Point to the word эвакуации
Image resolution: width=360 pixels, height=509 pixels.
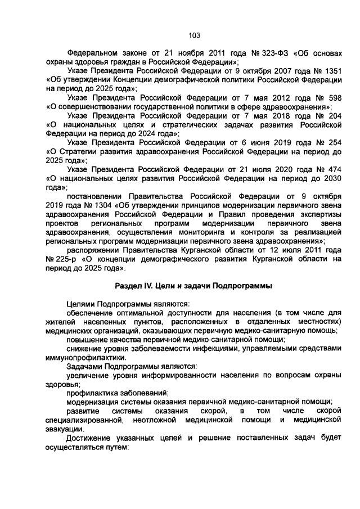pyautogui.click(x=65, y=429)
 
